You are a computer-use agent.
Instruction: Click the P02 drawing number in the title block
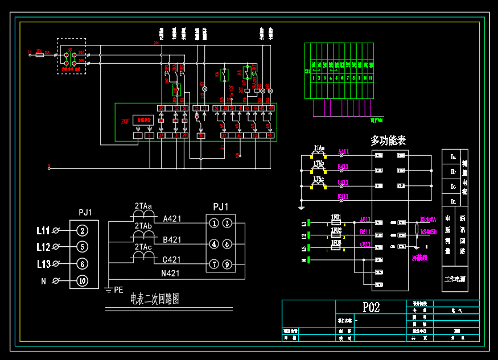coord(371,307)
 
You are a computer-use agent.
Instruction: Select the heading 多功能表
coord(388,140)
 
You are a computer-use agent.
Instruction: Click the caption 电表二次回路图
coord(155,299)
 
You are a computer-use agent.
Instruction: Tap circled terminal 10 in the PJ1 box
coord(83,280)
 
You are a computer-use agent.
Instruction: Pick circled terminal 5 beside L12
coord(83,247)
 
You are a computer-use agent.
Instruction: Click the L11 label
coord(43,230)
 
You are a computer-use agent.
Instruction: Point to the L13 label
coord(43,264)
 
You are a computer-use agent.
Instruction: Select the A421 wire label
coord(172,218)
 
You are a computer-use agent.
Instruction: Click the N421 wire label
coord(171,274)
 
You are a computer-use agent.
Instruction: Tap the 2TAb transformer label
coord(143,226)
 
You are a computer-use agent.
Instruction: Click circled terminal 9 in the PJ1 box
coord(227,264)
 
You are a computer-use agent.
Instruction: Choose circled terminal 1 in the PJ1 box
coord(214,224)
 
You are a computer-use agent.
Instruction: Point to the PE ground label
coord(118,289)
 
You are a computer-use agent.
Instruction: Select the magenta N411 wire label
coord(343,196)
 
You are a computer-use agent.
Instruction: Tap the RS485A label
coord(428,219)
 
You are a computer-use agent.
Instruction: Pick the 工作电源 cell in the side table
coord(455,280)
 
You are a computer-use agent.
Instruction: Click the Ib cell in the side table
coord(453,171)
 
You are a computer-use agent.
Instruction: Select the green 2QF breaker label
coord(125,121)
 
